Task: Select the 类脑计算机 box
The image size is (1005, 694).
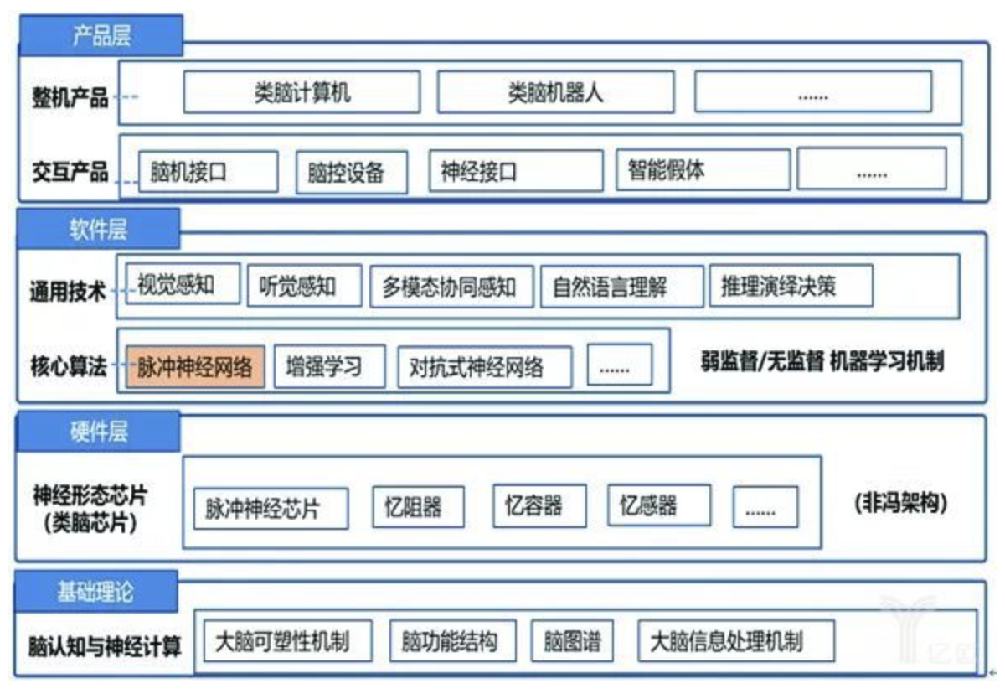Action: [301, 92]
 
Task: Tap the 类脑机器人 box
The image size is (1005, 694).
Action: [555, 92]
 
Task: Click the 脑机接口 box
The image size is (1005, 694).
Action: [208, 172]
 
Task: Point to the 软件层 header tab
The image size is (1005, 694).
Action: [98, 229]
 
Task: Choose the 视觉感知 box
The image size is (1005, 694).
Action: [183, 284]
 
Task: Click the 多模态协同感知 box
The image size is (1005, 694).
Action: [449, 287]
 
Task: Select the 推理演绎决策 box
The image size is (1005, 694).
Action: [790, 287]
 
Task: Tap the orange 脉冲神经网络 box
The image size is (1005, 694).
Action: [195, 366]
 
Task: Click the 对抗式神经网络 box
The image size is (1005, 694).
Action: [485, 367]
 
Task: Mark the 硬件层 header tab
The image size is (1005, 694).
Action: [98, 432]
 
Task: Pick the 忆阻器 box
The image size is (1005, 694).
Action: [407, 506]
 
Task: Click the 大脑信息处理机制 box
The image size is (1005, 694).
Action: [736, 642]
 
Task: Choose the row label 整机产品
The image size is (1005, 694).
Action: [70, 97]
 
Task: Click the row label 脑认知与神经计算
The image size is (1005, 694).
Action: [105, 646]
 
